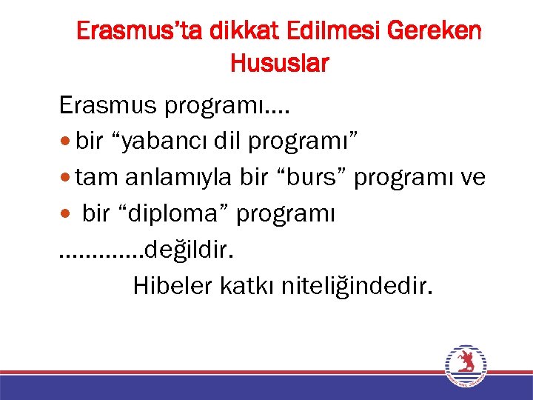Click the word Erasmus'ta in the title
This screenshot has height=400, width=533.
coord(141,32)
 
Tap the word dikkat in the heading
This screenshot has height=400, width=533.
coord(235,32)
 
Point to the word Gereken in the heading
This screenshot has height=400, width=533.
coord(435,32)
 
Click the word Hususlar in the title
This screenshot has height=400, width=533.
coord(279,64)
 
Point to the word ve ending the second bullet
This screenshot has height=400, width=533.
coord(472,179)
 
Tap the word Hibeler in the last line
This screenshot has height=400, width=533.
coord(173,286)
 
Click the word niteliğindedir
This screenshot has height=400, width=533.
coord(356,286)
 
